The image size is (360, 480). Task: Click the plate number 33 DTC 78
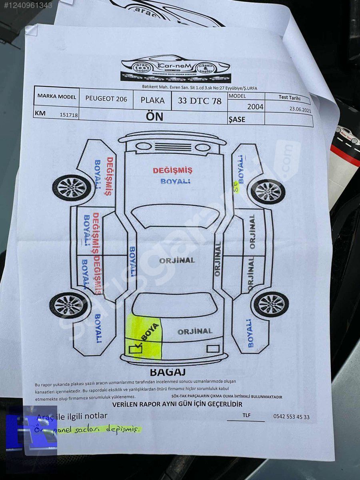click(x=199, y=100)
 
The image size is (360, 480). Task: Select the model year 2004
click(x=255, y=106)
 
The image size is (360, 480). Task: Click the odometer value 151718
click(x=69, y=115)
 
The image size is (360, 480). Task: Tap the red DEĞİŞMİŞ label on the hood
click(x=172, y=170)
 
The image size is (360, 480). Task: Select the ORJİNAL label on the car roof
click(x=177, y=260)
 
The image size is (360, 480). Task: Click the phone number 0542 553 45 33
click(x=291, y=416)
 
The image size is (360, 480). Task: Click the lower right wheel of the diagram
click(x=271, y=304)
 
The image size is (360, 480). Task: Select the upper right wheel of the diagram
click(x=268, y=191)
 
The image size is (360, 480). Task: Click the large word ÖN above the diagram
click(x=154, y=116)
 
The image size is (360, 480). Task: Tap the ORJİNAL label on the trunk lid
click(x=195, y=332)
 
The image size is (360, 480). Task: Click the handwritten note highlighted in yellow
click(x=88, y=429)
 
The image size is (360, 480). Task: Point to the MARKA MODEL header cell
click(x=56, y=96)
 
